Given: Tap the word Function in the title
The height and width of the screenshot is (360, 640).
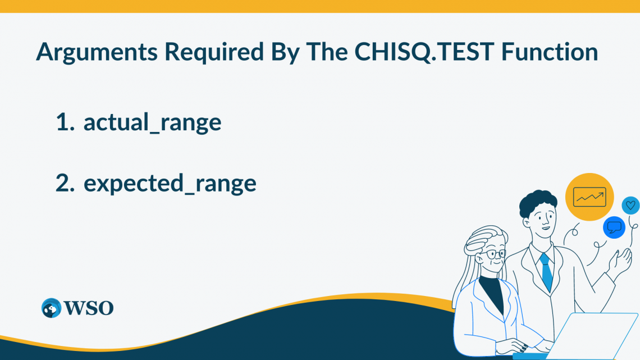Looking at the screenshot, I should pos(550,52).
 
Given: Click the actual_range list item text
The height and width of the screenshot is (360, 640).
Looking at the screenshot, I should pos(152,123).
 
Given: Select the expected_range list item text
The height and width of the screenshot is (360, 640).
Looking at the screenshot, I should pos(170,184).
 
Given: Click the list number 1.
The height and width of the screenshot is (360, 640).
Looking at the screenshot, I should pos(65,122).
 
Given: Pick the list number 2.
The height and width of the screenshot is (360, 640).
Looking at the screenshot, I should pos(65,183).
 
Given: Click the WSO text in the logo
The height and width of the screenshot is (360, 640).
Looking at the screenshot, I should pos(89,308).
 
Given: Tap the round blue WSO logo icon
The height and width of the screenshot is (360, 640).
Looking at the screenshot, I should pos(51,308).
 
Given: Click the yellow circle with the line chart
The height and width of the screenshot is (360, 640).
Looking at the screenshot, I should pos(589,197).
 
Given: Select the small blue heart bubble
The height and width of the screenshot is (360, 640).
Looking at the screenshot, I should pos(631,206).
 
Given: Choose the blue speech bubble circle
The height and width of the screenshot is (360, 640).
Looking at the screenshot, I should pos(614,227).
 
